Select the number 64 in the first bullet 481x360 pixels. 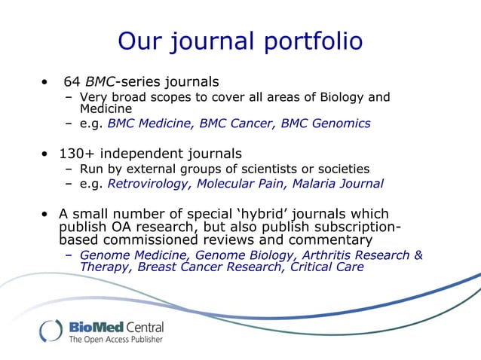[72, 81]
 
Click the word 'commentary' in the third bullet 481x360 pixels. [329, 239]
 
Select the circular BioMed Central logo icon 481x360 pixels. [51, 332]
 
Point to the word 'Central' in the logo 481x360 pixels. [138, 328]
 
